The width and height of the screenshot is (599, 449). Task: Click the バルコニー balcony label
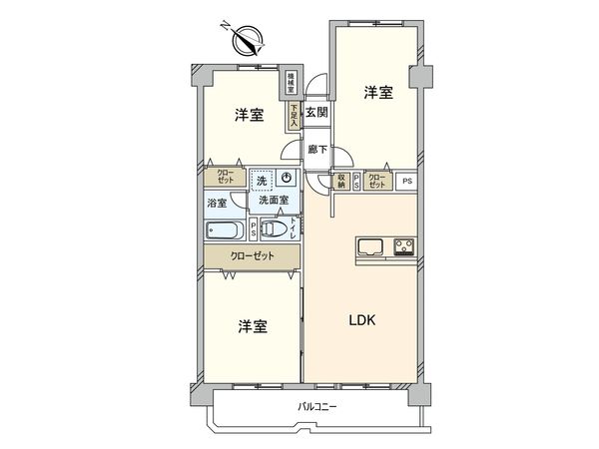click(317, 406)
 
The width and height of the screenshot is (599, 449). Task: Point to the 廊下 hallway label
click(316, 151)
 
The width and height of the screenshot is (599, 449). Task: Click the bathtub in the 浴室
click(226, 231)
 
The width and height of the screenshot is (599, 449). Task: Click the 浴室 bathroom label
click(216, 204)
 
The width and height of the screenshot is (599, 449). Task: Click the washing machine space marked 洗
click(261, 181)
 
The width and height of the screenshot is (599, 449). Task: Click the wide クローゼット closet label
click(252, 255)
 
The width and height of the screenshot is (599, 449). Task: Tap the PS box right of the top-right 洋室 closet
click(405, 181)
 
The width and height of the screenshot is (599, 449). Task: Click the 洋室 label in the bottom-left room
click(252, 327)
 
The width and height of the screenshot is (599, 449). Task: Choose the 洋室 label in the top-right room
click(377, 93)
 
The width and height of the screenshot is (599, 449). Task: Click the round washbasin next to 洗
click(287, 179)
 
